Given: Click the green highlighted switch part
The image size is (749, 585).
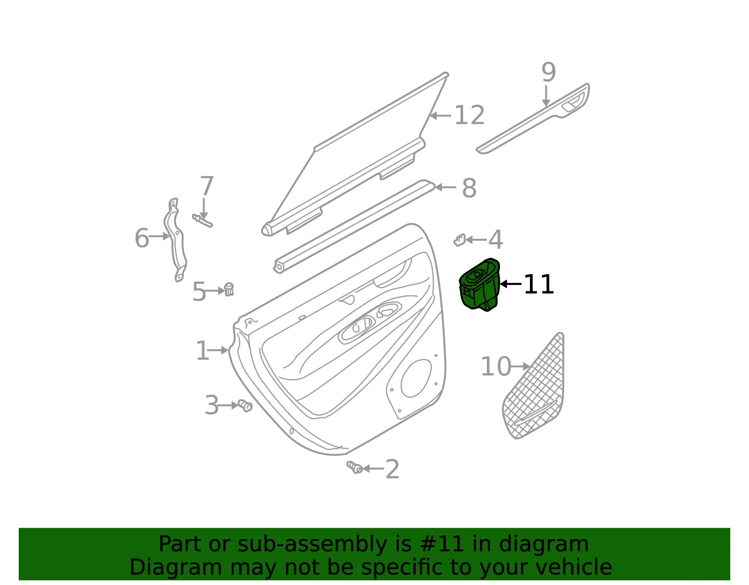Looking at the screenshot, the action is pos(479,285).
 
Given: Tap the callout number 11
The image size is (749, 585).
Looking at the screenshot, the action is pos(538,284).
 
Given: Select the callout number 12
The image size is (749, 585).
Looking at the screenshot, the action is pos(470,115).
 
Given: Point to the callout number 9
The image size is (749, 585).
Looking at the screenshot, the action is pos(548,72).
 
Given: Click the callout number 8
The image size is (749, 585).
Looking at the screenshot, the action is pos(469,188).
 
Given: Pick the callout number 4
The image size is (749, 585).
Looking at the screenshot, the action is pos(496,239).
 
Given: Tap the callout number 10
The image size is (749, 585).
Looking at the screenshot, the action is pos(496,366).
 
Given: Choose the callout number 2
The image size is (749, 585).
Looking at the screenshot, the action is pos(392,469).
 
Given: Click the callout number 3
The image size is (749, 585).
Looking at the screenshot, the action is pos(212,405).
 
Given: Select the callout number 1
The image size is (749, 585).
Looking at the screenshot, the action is pos(203,351).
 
